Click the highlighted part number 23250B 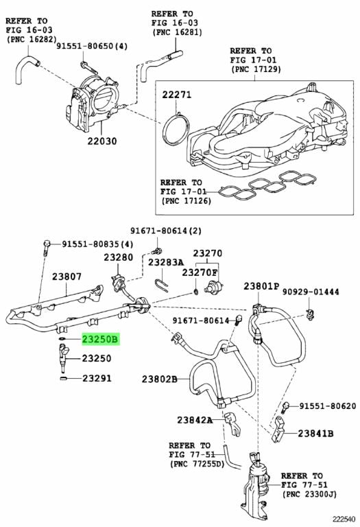click(x=101, y=339)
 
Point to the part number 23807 click(x=67, y=277)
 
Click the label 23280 click(x=118, y=257)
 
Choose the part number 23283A click(x=167, y=262)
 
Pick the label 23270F click(x=200, y=272)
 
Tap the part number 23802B click(x=160, y=379)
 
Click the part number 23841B click(x=315, y=434)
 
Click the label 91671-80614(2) click(x=162, y=231)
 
